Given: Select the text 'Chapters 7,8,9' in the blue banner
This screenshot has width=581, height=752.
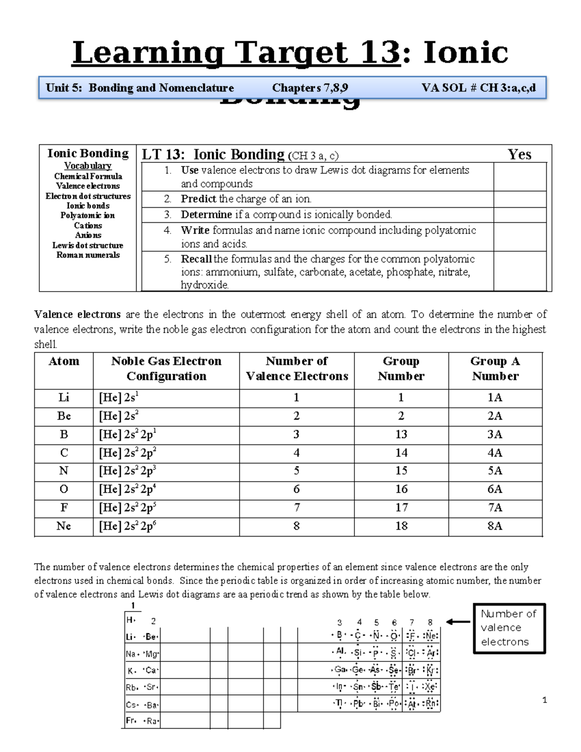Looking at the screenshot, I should (310, 88).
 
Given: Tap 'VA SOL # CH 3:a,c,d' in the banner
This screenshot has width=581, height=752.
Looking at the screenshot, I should (478, 88).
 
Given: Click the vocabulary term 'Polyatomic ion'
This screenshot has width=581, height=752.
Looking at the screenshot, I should (88, 215).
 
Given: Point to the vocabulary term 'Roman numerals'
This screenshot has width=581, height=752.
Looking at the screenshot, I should (88, 255).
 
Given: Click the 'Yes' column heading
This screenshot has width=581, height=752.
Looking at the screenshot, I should (519, 154).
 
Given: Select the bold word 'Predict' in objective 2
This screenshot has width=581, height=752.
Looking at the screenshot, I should (199, 199).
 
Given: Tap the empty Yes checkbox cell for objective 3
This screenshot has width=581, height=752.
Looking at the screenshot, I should (520, 215).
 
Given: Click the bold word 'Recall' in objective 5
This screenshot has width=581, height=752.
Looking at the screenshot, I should (196, 259).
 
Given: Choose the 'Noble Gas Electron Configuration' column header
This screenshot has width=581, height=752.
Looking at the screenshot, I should (166, 368).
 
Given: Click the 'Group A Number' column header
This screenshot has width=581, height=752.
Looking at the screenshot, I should (495, 368).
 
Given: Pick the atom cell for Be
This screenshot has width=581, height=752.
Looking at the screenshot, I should (64, 416).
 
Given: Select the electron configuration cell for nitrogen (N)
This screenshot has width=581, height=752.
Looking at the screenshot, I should (166, 471).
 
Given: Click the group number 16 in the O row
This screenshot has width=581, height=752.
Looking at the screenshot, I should (401, 489).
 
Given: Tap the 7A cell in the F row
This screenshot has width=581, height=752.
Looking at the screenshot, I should (495, 507).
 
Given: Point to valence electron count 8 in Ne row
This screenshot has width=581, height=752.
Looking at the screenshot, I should (296, 526).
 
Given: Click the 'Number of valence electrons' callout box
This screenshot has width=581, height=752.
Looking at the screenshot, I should (509, 628).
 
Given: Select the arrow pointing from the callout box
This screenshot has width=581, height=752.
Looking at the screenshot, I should (458, 622).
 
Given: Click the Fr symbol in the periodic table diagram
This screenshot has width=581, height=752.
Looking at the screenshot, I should (131, 721).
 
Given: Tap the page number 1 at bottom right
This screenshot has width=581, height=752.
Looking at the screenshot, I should (545, 700).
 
